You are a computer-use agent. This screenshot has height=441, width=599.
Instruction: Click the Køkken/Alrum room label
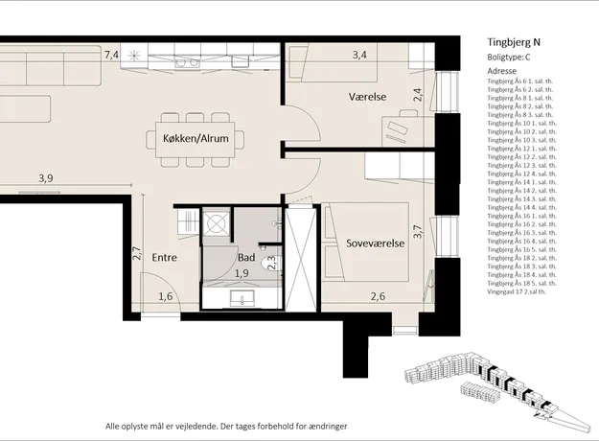coord(196,138)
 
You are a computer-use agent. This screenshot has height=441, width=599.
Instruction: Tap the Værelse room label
coord(367,97)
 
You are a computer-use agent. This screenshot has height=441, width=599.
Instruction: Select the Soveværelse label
coord(375,244)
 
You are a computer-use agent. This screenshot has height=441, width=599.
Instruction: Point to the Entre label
coord(164,258)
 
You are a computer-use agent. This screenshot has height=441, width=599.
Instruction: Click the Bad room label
coord(246,258)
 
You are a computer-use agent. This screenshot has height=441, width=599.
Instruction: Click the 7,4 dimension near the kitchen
coord(111,55)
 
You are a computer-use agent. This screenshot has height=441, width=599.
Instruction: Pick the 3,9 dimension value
coord(46,178)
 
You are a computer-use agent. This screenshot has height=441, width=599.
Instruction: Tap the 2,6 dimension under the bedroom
coord(378,296)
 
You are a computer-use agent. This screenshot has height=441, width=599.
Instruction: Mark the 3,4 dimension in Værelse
coord(359,55)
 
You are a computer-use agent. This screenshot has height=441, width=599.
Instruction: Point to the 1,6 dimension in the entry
coord(166,296)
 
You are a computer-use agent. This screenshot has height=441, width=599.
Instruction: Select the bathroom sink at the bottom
coord(242,297)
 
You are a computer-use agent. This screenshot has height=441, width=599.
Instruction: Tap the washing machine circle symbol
coord(216,222)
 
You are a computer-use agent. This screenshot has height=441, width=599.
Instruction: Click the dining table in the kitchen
coord(196,139)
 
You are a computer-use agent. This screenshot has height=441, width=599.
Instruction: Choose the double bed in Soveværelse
coord(365,243)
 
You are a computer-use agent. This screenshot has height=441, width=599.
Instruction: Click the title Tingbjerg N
coord(514,42)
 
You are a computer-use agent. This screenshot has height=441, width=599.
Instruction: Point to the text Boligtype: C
coord(509,58)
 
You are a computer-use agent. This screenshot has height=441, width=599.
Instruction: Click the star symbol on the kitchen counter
coord(134,56)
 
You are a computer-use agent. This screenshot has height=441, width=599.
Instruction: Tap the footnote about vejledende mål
coord(226,426)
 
